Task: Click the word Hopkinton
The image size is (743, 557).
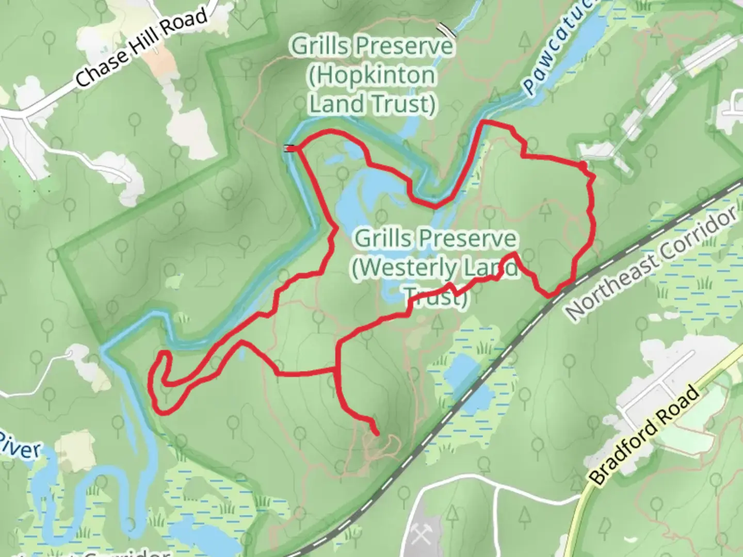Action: pos(372,76)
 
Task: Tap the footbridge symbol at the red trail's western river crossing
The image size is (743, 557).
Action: pos(290,149)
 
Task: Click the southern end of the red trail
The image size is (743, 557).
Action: pos(378,434)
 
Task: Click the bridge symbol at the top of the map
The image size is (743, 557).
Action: pos(446,30)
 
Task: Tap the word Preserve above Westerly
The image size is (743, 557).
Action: pos(467,239)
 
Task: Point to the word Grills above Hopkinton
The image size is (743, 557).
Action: pos(317,47)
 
